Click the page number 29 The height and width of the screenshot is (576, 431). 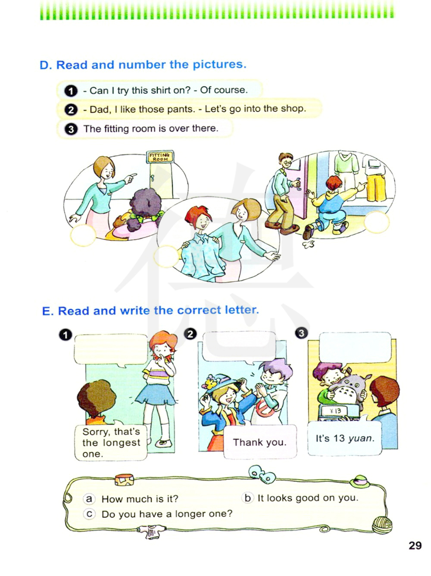(x=415, y=545)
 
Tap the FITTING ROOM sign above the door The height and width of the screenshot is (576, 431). (x=160, y=157)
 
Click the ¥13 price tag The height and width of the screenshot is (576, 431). (x=335, y=411)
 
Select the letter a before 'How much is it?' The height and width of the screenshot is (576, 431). (x=89, y=498)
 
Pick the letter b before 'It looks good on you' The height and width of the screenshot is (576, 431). (x=247, y=498)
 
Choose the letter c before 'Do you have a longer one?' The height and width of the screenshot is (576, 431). (x=89, y=514)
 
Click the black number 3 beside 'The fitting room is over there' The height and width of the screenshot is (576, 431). (x=71, y=129)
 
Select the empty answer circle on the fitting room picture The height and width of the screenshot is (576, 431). (x=83, y=235)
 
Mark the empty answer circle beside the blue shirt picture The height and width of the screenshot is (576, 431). (x=166, y=257)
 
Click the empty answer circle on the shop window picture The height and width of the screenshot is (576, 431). (x=377, y=222)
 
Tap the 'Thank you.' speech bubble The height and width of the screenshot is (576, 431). (x=260, y=441)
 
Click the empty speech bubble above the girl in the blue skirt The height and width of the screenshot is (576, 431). (x=111, y=350)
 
